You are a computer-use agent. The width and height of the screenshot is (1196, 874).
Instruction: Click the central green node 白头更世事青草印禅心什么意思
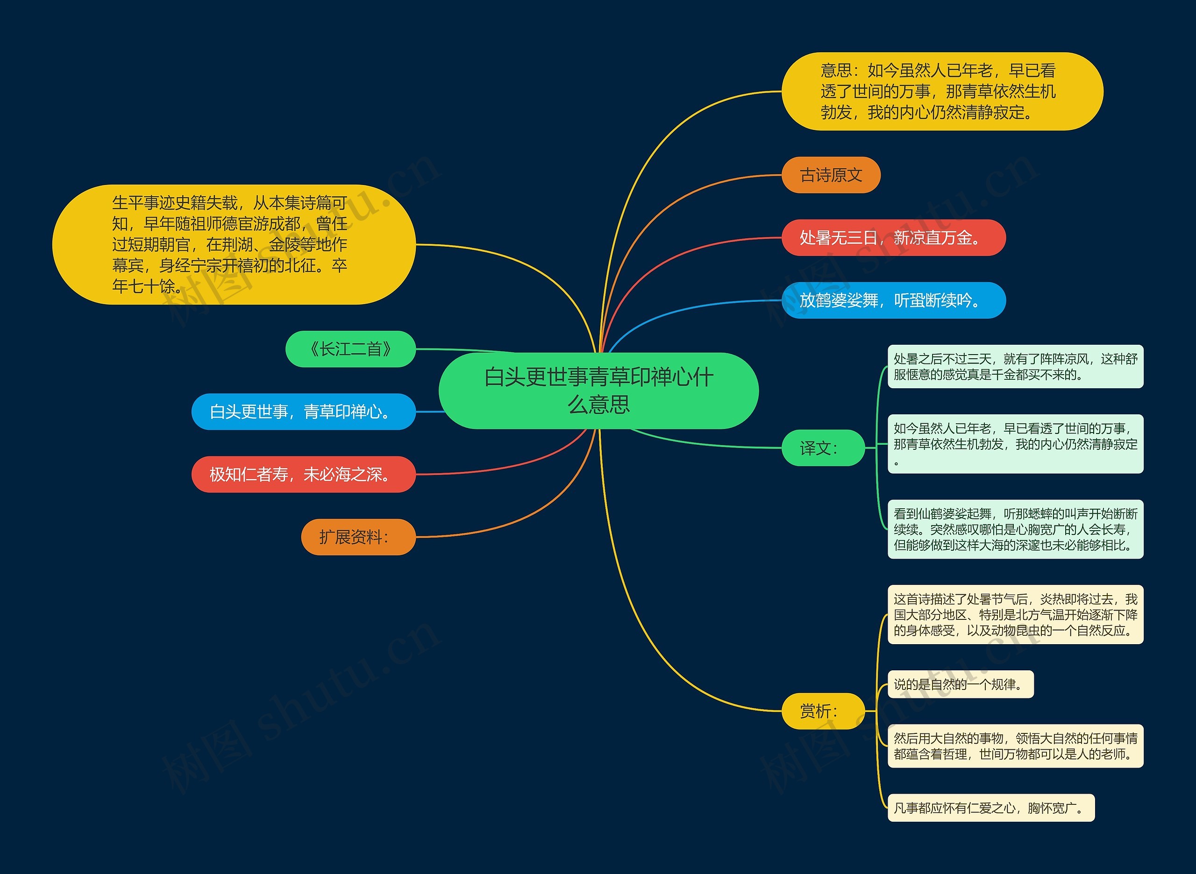[598, 391]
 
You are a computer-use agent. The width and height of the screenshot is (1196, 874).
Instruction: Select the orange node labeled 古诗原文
[831, 175]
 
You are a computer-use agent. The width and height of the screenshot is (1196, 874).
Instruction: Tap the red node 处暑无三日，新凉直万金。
[893, 238]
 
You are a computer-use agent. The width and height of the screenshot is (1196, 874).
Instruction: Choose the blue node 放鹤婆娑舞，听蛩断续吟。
[893, 300]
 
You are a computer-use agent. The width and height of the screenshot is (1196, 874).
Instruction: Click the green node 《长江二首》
[350, 349]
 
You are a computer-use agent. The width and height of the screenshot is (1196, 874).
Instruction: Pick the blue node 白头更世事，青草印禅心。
[303, 412]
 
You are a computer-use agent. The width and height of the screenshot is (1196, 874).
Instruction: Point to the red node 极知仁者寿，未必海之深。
[303, 475]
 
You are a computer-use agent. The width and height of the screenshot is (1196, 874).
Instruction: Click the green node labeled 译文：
[823, 448]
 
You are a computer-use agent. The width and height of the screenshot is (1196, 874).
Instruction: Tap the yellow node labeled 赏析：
[823, 711]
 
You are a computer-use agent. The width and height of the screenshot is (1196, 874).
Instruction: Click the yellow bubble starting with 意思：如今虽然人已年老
[941, 92]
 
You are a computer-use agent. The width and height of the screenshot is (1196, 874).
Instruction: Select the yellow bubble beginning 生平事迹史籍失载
[233, 244]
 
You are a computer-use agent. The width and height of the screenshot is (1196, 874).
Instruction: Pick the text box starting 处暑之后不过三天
[1015, 367]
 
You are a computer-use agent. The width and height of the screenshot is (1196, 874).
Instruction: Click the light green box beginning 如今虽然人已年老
[1015, 444]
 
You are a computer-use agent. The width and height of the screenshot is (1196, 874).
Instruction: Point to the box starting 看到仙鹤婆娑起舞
[1015, 529]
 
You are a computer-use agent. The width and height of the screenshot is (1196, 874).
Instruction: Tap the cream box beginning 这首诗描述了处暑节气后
[1015, 615]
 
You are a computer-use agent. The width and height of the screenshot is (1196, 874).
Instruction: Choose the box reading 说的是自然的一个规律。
[960, 685]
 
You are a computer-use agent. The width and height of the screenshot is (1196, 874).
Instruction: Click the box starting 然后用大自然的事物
[1015, 746]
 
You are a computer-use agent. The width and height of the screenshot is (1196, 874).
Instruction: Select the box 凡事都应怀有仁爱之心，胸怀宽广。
[990, 808]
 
